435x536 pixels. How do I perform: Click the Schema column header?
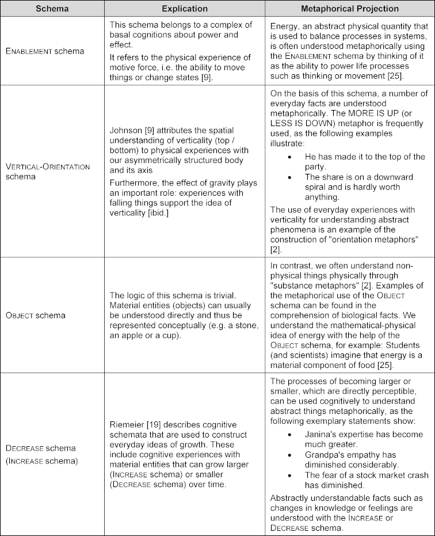click(52, 9)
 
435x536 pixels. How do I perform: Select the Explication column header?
click(185, 9)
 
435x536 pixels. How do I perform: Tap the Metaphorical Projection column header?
click(350, 9)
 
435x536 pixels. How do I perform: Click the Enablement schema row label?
click(44, 51)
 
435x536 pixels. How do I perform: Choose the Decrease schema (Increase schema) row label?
click(41, 453)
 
